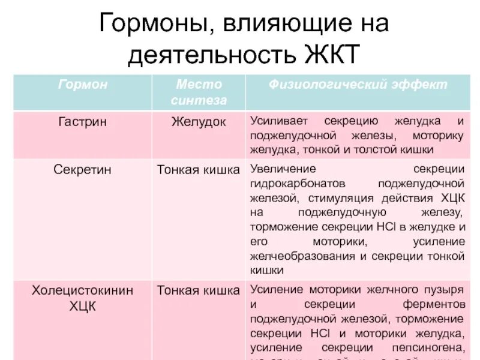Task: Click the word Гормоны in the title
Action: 154,25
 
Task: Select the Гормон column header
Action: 83,85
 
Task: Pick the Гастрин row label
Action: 83,122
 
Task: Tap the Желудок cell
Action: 199,122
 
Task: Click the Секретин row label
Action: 83,170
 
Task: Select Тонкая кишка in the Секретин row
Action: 199,170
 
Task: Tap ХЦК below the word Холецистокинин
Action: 83,306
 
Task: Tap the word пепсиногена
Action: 431,347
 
